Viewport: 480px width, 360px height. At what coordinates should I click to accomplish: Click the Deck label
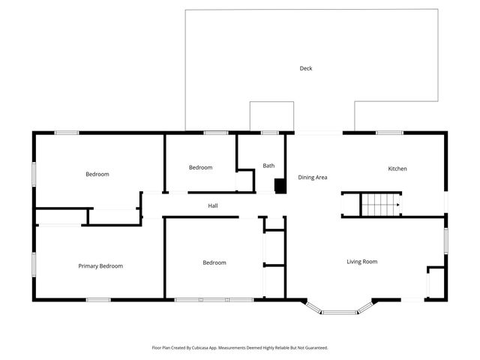click(306, 68)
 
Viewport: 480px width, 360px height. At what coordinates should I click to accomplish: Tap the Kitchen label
click(397, 169)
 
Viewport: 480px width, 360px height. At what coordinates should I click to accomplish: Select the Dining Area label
click(313, 178)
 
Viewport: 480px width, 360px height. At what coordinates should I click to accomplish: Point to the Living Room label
click(361, 262)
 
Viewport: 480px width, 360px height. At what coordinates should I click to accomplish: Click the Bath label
click(268, 166)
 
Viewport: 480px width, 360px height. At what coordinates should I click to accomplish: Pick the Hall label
click(213, 205)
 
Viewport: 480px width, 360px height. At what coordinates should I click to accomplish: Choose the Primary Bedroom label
click(100, 266)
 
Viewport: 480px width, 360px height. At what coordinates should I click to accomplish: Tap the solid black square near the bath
click(280, 185)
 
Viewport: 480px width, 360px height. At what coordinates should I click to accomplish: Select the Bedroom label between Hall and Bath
click(200, 168)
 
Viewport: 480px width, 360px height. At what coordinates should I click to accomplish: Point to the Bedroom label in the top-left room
click(97, 174)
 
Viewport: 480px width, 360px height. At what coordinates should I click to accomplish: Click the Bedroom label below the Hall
click(214, 262)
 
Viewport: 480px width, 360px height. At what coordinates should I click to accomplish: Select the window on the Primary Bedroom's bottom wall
click(98, 300)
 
